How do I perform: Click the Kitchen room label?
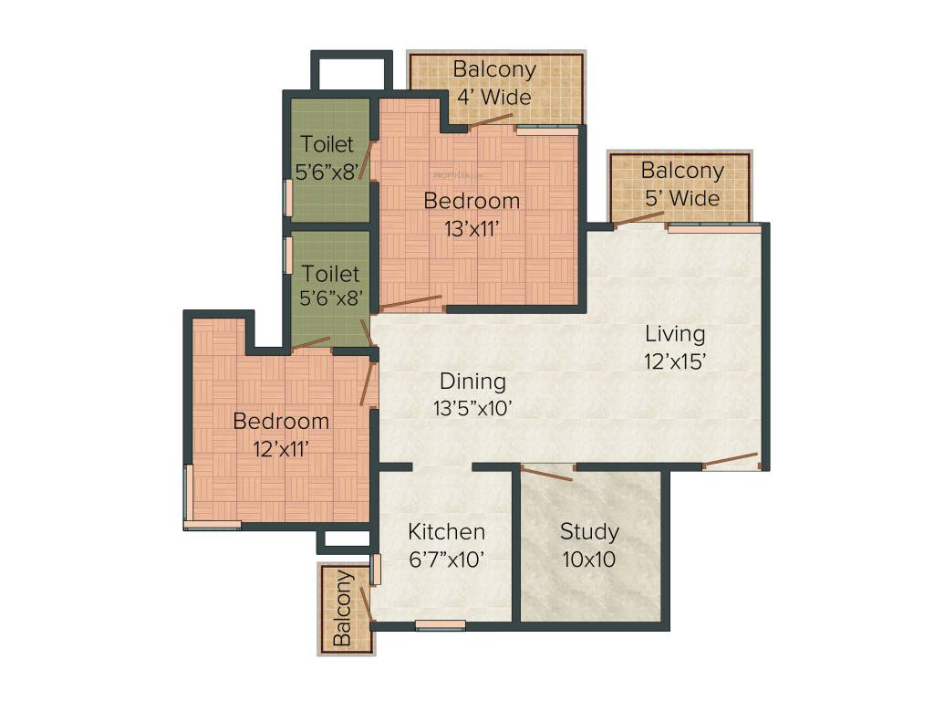[446, 531]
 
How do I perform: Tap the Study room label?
[589, 531]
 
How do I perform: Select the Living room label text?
[675, 333]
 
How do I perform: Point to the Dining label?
[472, 382]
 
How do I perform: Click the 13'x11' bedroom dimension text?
[472, 228]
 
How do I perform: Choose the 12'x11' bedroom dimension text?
[281, 448]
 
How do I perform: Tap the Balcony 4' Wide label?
[494, 82]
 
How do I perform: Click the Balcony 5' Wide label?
[681, 183]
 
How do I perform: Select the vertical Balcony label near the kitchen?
[342, 608]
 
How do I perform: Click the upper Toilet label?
[328, 144]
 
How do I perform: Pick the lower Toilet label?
[330, 274]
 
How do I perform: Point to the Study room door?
[546, 473]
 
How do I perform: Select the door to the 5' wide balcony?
[638, 217]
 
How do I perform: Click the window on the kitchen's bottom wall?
[440, 625]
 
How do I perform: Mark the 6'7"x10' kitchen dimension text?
[446, 559]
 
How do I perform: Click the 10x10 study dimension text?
[589, 559]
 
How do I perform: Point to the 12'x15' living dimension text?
[675, 361]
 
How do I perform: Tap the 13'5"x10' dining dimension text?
[472, 409]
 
